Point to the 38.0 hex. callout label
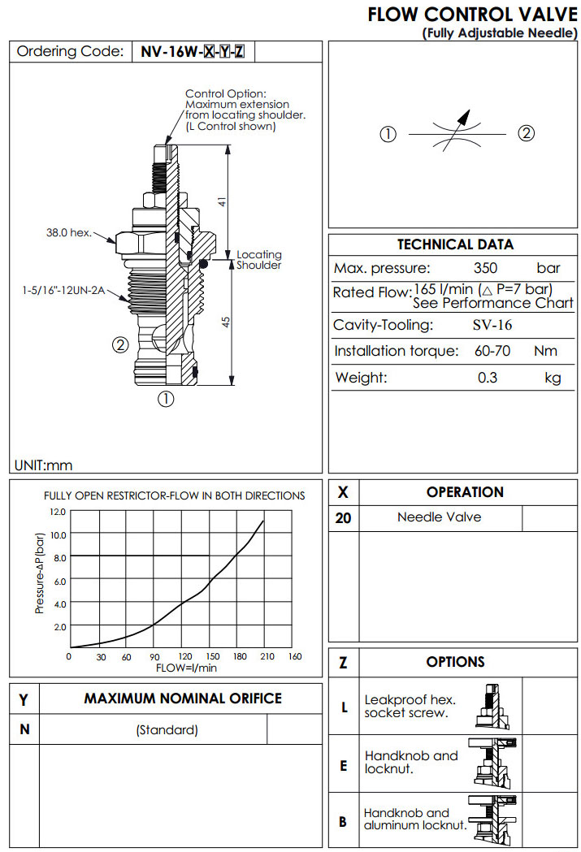(x=68, y=233)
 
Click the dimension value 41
(x=220, y=201)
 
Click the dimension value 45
(x=227, y=322)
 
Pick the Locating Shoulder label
(x=258, y=260)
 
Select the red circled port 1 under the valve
(x=166, y=399)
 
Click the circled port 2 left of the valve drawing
(x=119, y=344)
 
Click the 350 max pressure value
(x=484, y=268)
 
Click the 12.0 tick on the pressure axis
(x=57, y=512)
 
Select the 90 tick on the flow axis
(x=154, y=657)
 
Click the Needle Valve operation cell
(x=439, y=517)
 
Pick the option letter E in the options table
(x=343, y=764)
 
